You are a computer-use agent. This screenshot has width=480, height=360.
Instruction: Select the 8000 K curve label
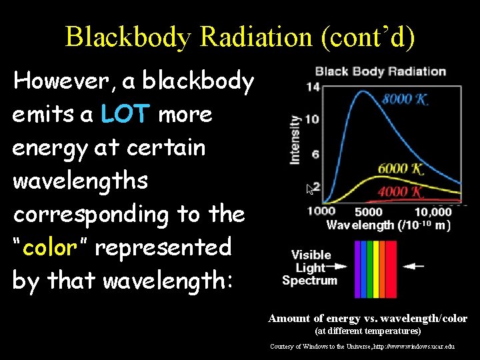click(405, 99)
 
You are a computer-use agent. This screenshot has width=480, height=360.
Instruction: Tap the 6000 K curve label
click(400, 169)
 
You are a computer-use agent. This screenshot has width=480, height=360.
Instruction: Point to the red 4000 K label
click(401, 192)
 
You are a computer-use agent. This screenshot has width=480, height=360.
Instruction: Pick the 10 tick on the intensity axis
click(312, 119)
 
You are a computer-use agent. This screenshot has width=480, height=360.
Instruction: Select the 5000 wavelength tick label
click(368, 212)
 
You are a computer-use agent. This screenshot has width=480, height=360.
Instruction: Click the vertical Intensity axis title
click(295, 139)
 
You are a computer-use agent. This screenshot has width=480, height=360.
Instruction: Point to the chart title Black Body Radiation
click(380, 71)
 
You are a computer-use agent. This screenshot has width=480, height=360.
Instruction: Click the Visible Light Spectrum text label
click(311, 267)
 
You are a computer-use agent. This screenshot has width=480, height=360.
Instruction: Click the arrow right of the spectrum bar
click(413, 265)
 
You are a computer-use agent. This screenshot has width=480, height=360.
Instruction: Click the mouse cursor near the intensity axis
click(309, 189)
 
